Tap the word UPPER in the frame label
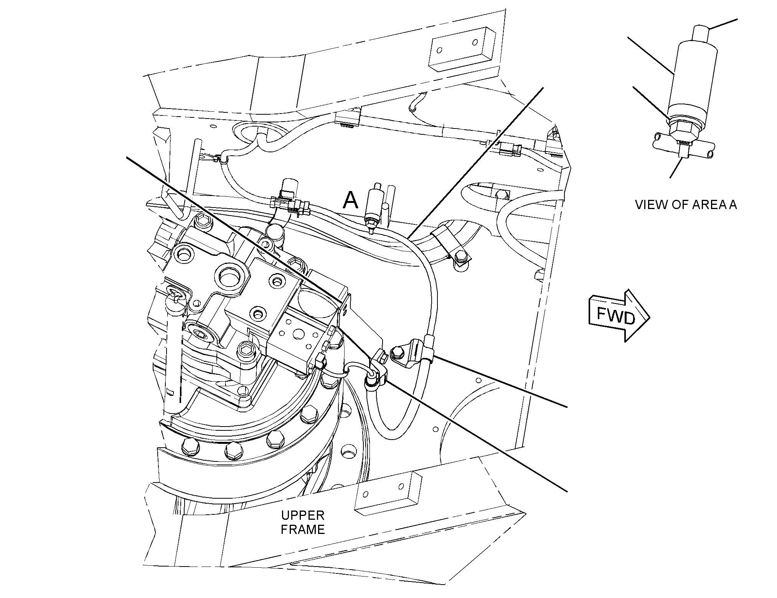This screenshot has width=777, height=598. tap(303, 515)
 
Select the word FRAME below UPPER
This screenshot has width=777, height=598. tap(303, 530)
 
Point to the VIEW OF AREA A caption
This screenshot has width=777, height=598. tap(686, 204)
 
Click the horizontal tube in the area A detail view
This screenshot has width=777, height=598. tap(683, 149)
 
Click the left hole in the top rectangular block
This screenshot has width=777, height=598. tap(440, 50)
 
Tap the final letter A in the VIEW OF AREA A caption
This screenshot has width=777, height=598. tap(732, 204)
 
